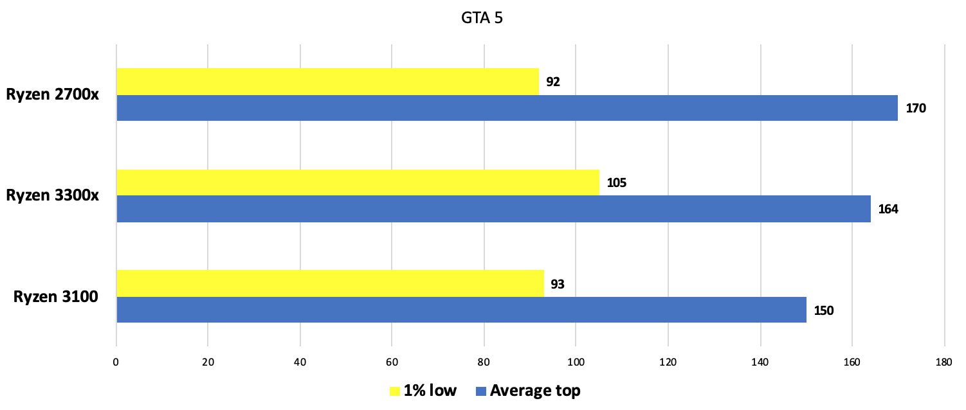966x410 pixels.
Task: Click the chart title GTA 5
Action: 482,18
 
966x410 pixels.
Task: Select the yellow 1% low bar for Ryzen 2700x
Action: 327,82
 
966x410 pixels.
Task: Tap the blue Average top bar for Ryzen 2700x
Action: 507,108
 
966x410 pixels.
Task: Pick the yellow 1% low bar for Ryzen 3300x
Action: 358,183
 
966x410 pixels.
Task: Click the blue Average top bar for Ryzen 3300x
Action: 493,209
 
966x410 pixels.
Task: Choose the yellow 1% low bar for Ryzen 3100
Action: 330,283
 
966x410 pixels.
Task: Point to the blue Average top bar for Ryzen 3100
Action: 460,310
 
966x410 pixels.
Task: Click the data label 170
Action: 916,109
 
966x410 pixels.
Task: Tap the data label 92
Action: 553,82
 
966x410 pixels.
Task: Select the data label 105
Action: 616,183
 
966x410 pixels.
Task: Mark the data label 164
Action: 888,209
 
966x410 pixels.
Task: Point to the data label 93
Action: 558,284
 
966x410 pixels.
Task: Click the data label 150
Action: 824,311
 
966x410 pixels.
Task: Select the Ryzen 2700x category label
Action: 53,94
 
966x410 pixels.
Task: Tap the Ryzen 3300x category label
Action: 53,195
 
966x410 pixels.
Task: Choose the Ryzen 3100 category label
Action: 56,297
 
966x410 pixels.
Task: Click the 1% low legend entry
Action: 423,391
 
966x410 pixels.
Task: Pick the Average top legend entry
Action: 527,391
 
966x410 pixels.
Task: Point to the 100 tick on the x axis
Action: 576,362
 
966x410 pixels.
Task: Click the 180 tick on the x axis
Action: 943,362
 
